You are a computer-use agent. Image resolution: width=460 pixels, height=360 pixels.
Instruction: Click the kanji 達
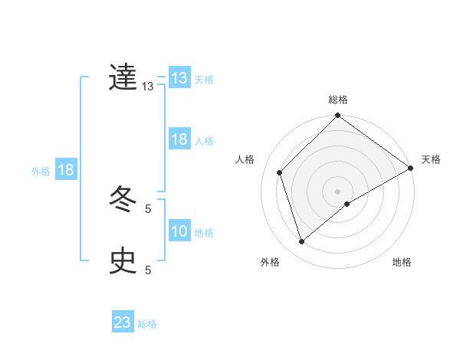[123, 78]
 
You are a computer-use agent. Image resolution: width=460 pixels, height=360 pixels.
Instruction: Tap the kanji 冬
[123, 201]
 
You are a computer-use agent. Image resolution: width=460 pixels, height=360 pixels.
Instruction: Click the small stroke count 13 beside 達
[148, 87]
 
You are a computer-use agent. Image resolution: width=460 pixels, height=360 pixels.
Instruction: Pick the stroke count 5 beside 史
[148, 270]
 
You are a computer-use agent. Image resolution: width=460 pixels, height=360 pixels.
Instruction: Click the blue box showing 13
[179, 78]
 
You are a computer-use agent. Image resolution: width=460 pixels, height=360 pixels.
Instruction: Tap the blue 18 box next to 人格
[179, 139]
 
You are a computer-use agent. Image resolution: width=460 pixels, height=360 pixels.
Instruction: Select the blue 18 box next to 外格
[66, 170]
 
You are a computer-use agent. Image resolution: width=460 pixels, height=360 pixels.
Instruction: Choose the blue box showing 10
[179, 231]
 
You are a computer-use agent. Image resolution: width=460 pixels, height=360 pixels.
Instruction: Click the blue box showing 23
[123, 322]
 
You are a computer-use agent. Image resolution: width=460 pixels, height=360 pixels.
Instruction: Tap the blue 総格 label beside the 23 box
[147, 324]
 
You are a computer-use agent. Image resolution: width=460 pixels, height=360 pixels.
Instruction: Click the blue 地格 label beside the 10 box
[204, 233]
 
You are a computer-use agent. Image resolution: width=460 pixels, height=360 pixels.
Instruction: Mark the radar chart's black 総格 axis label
[338, 100]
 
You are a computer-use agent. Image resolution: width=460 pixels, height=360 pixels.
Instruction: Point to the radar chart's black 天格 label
[431, 159]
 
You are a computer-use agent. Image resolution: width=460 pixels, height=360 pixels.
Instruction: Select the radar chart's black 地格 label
[402, 263]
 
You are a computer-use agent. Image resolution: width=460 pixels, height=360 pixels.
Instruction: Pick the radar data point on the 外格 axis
[302, 242]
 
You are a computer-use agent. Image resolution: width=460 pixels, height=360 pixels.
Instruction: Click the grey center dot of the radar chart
[338, 191]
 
